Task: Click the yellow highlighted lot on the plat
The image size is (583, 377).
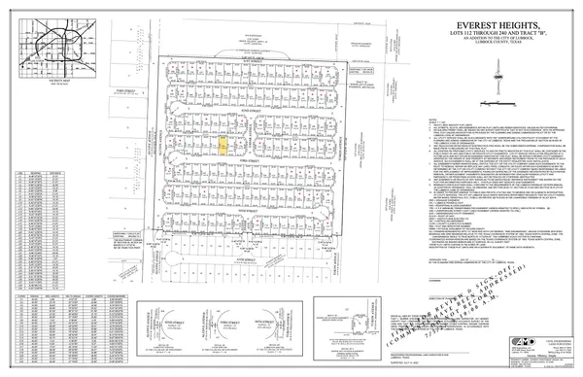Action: pos(223,146)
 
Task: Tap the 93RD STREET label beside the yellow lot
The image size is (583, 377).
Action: pos(251,153)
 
